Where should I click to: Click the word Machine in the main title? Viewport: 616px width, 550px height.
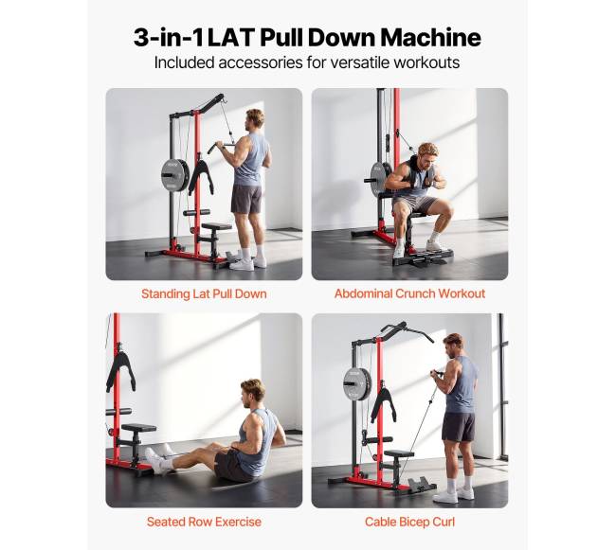click(x=431, y=37)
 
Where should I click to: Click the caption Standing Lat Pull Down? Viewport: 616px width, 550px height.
click(x=204, y=293)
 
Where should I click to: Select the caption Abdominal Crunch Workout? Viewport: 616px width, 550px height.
click(x=409, y=293)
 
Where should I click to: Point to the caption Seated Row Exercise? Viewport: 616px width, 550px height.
click(x=204, y=522)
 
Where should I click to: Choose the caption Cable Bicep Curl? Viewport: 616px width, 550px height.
click(x=409, y=523)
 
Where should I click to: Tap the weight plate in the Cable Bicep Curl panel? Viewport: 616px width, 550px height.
click(x=357, y=383)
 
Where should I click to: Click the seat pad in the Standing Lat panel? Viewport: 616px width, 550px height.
click(x=216, y=226)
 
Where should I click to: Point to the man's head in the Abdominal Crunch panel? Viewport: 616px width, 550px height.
click(x=427, y=154)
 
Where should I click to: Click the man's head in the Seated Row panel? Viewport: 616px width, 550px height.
click(x=252, y=393)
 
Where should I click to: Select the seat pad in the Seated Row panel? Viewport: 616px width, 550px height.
click(x=138, y=428)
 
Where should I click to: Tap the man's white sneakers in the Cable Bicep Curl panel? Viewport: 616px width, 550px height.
click(x=453, y=493)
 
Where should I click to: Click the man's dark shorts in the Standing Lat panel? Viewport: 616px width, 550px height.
click(x=246, y=199)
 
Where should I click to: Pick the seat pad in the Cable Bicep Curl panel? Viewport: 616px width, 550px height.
click(x=399, y=453)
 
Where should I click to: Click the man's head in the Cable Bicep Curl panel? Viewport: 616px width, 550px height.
click(x=454, y=346)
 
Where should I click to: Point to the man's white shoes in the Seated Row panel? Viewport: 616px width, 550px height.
click(x=159, y=460)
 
